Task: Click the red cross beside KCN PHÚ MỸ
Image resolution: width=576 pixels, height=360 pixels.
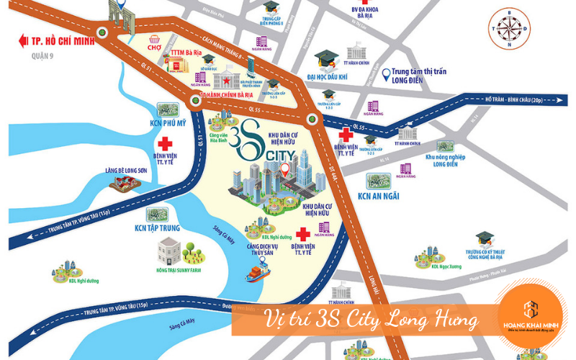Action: click(167, 141)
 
